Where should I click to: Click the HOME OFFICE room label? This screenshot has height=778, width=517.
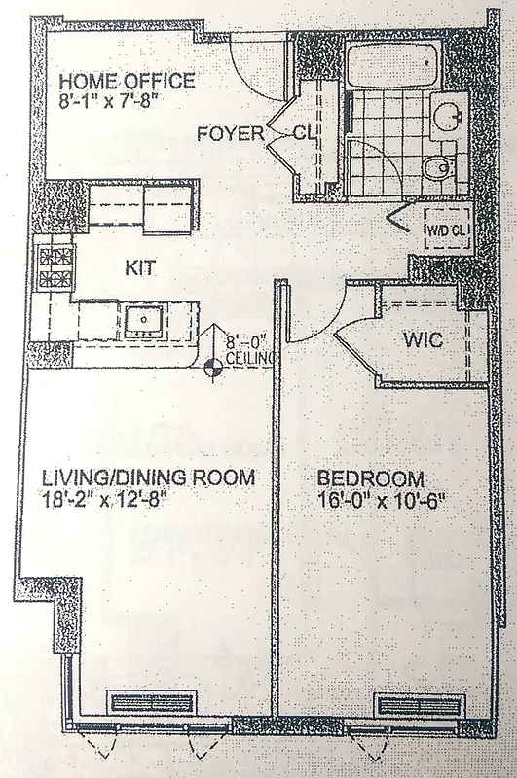[x=127, y=81]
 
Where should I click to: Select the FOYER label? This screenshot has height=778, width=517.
[x=230, y=134]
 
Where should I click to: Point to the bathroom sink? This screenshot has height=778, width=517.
[x=447, y=118]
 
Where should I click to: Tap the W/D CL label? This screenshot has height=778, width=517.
[x=446, y=230]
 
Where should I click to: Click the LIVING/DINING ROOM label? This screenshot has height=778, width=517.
[x=148, y=478]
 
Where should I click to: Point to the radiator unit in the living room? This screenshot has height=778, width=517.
[x=155, y=703]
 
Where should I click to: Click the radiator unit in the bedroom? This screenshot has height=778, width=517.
[x=415, y=705]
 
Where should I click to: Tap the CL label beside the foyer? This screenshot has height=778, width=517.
[x=303, y=134]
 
